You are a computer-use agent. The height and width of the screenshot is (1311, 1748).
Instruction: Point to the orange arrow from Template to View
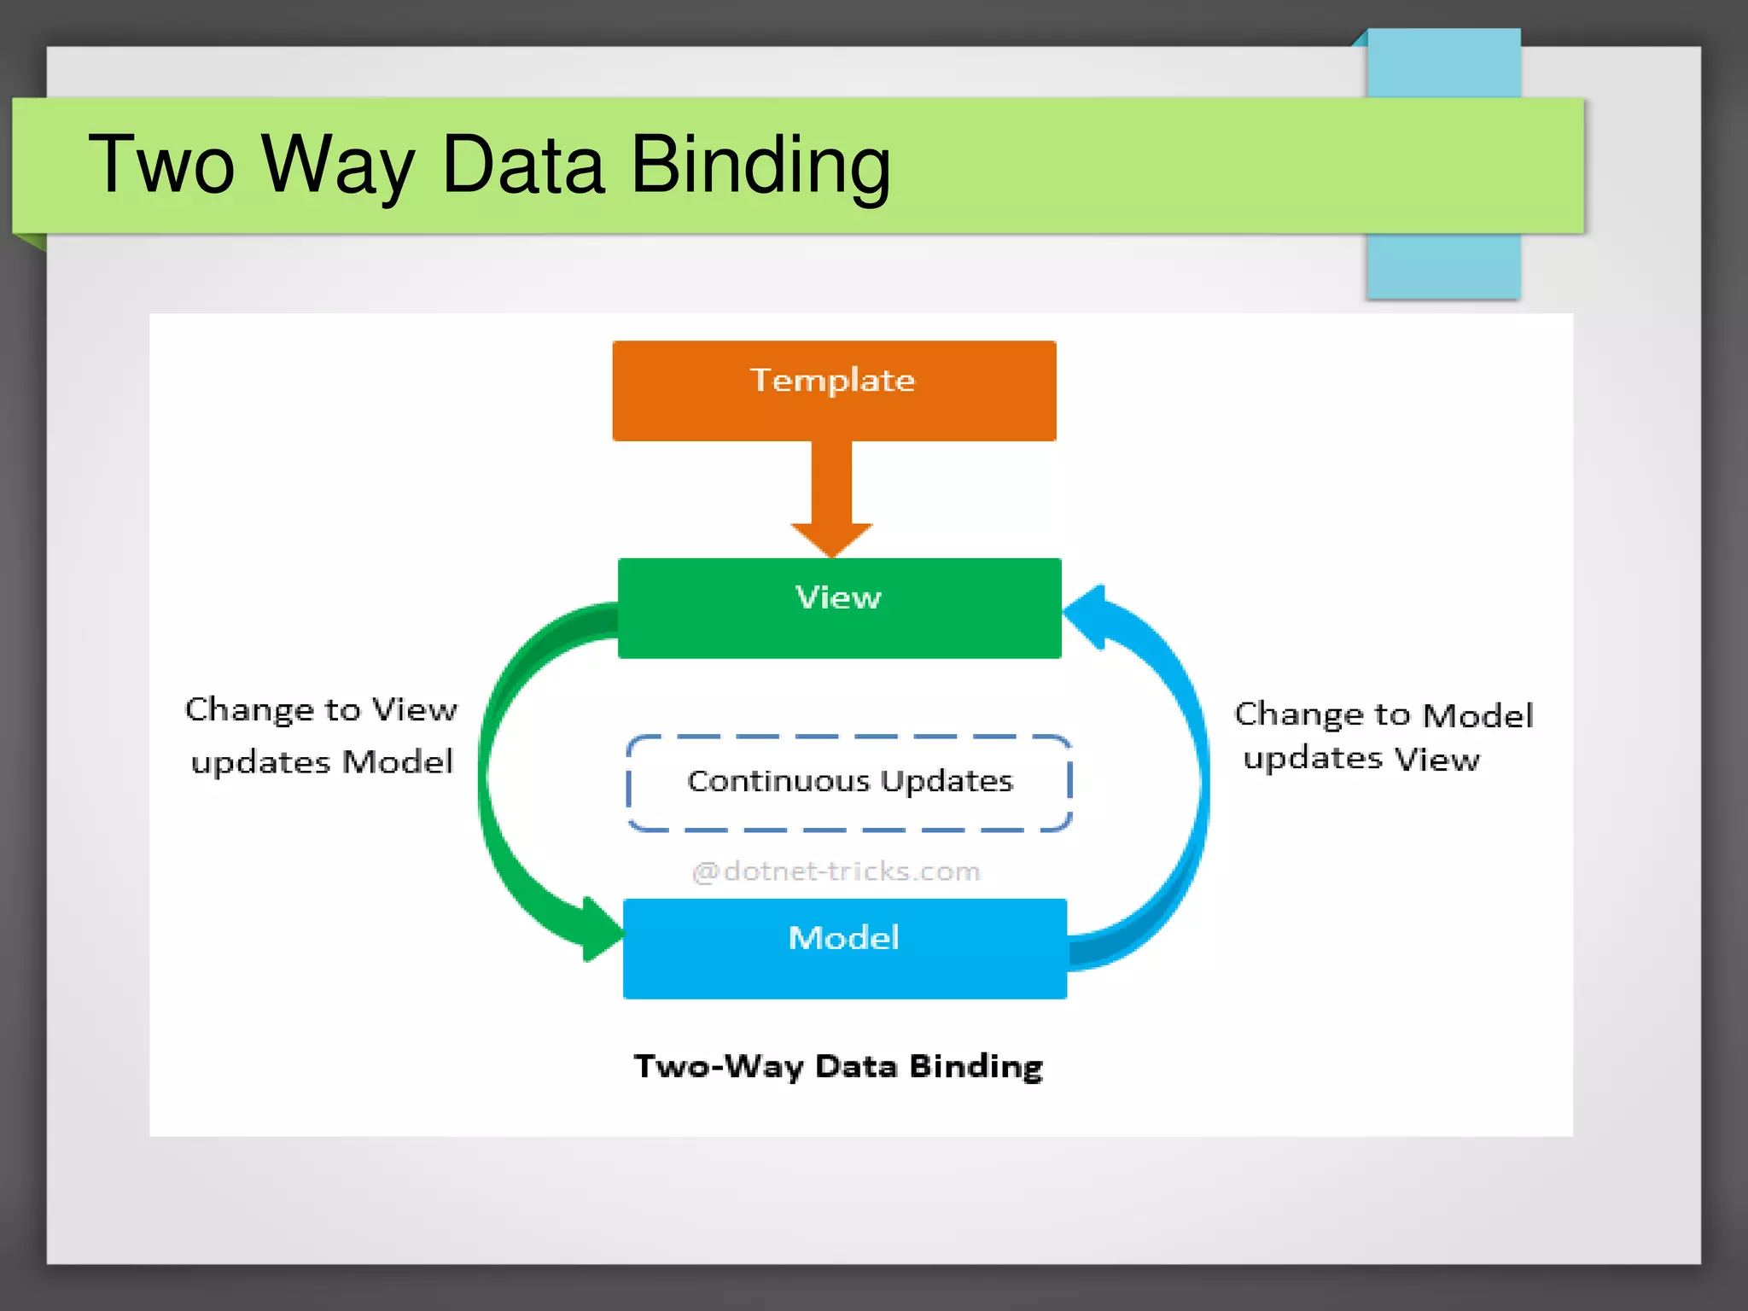coord(831,495)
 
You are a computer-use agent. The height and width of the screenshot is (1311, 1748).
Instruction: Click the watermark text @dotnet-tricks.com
coord(836,871)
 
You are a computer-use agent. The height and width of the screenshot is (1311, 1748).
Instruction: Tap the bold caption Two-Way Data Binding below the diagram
coord(838,1067)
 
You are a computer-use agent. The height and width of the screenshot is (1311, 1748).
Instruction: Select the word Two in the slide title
coord(161,164)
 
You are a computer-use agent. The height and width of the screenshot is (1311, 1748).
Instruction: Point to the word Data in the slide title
coord(523,164)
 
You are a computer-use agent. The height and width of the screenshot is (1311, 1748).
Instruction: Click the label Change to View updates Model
coord(321,735)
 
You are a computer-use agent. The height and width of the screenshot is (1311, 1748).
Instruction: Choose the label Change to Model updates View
coord(1383,736)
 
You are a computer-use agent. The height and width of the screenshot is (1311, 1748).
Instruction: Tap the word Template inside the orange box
coord(832,381)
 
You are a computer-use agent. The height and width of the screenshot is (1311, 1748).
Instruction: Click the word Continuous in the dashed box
coord(778,781)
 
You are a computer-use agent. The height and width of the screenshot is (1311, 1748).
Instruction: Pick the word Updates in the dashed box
coord(947,781)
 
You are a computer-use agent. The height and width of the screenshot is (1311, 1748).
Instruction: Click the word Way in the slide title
coord(338,164)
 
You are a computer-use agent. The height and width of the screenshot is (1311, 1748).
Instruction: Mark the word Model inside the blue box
coord(843,938)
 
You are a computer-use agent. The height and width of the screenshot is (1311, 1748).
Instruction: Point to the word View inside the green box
coord(838,597)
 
